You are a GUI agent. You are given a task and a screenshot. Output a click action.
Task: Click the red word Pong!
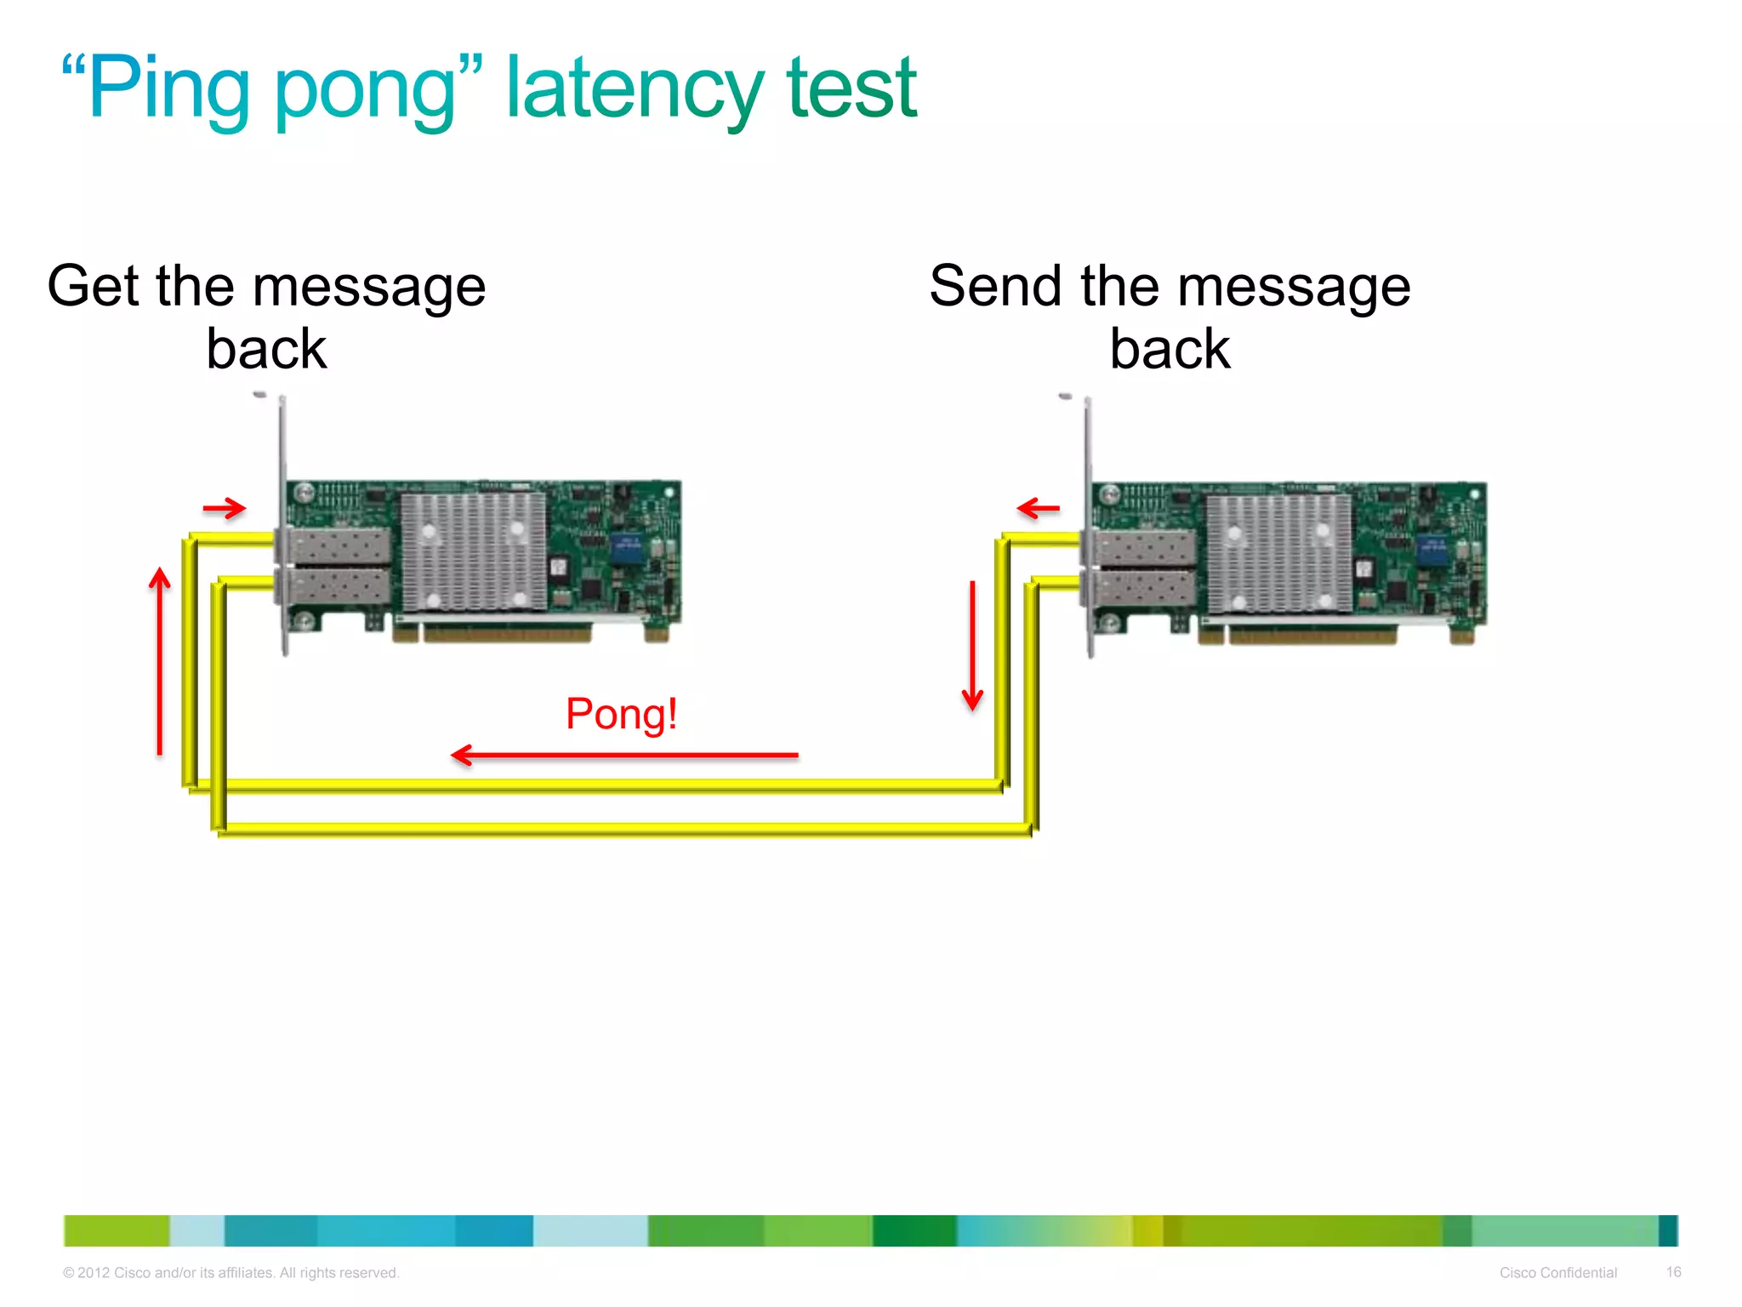point(621,714)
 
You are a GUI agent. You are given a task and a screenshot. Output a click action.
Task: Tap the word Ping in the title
point(168,90)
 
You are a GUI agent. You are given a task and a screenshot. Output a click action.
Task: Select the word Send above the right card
point(995,286)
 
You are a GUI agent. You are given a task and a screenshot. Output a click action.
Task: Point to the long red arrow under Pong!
point(625,755)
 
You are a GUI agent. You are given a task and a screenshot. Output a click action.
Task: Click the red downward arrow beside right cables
point(972,645)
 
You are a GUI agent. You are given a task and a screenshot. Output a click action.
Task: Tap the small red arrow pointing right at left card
point(225,509)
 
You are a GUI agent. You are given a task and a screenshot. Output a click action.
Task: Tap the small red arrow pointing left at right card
point(1039,509)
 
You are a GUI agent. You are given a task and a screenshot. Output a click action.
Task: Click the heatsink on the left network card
point(473,551)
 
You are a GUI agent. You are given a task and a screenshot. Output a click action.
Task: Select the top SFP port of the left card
point(339,545)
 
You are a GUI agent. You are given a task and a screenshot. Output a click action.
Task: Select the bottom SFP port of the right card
point(1142,588)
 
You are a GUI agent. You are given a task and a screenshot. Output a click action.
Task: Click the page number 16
point(1673,1272)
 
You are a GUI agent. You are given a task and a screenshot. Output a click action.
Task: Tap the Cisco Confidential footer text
point(1557,1273)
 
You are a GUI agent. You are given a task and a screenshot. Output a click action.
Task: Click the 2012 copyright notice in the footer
point(231,1273)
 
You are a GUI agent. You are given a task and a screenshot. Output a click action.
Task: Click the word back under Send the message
point(1170,350)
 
